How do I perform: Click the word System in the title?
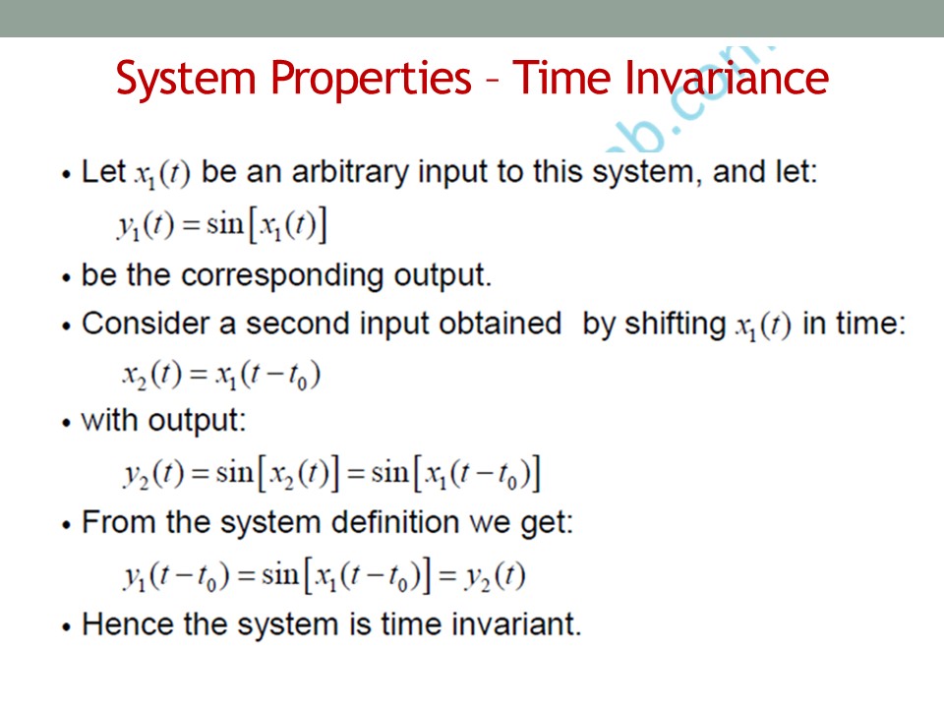point(186,79)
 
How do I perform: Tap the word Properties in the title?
point(371,79)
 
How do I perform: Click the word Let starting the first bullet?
point(103,171)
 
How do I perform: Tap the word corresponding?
point(282,275)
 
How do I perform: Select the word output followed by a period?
point(442,275)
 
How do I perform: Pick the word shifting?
point(675,324)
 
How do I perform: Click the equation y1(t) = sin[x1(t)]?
point(221,226)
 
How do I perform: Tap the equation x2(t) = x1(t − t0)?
point(221,376)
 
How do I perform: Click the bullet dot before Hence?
point(66,627)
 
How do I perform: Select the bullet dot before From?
point(66,525)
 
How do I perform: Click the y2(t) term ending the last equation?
point(495,577)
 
